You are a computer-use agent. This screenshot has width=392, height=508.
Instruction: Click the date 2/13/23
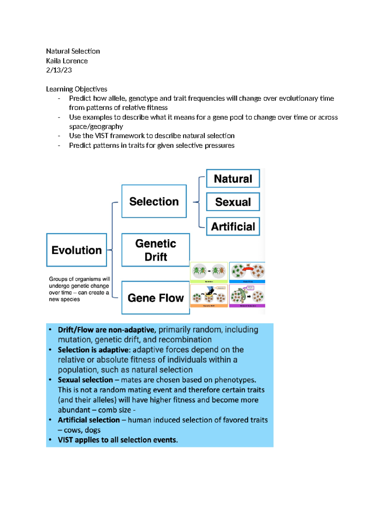[59, 70]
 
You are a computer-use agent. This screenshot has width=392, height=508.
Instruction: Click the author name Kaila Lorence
[67, 61]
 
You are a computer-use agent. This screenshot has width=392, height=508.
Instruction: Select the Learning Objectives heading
[76, 89]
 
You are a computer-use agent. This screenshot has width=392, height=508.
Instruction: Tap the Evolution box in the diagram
[76, 250]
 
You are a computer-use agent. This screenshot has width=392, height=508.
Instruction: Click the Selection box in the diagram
[154, 201]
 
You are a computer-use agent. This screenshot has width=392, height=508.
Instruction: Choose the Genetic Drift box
[155, 250]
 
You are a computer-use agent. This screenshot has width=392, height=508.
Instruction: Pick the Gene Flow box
[155, 298]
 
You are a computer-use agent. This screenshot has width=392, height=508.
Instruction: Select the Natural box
[233, 179]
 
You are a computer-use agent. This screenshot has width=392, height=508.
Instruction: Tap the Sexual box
[233, 202]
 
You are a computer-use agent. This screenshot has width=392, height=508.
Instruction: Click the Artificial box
[233, 226]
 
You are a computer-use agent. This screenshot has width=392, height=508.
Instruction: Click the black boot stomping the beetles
[210, 290]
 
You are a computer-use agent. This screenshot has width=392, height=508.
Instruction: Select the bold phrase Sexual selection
[85, 380]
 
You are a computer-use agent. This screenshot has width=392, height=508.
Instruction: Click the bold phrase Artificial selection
[89, 420]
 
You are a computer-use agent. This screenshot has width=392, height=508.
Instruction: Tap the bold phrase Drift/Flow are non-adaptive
[106, 330]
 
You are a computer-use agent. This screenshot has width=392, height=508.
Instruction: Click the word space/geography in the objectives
[96, 127]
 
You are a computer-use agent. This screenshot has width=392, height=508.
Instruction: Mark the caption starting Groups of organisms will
[79, 289]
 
